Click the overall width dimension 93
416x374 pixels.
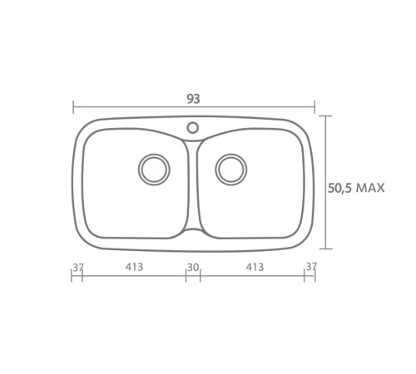(193, 99)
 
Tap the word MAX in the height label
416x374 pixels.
(370, 188)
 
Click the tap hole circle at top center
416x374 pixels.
(192, 128)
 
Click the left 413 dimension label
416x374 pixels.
(134, 267)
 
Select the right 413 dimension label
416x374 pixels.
(255, 267)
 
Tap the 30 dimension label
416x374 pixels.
(193, 268)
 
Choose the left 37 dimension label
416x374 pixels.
(77, 267)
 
